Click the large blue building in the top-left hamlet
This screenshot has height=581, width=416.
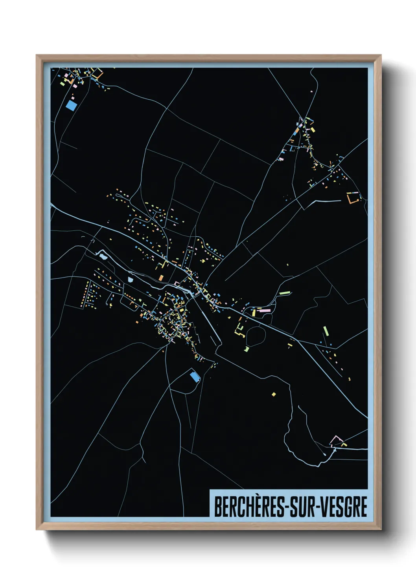[72, 105]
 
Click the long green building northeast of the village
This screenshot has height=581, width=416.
[284, 292]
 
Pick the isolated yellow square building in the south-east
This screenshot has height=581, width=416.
[274, 394]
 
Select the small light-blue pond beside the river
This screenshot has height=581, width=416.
[131, 280]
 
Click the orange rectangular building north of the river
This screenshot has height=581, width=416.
[161, 278]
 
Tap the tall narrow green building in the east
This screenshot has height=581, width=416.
[326, 331]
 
